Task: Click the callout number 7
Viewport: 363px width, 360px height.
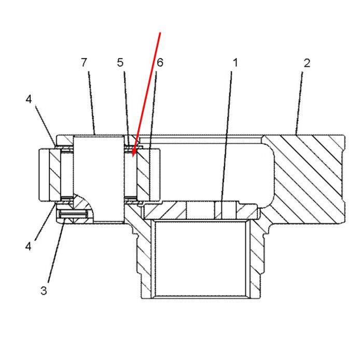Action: pos(84,62)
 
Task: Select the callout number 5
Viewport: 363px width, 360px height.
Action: pos(120,63)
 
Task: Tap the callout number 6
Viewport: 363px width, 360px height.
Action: pos(160,63)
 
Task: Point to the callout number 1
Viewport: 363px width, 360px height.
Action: pos(235,63)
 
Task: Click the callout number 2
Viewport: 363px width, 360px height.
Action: pos(307,63)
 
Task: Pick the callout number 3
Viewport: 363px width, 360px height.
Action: pos(44,291)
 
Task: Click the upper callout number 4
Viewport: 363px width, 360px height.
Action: pos(29,99)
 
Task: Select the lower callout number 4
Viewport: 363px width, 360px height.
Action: pos(28,247)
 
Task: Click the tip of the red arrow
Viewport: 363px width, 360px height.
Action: pos(133,157)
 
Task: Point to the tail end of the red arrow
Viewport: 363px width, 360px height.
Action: pos(160,33)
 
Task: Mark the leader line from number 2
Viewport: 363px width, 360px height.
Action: pos(299,103)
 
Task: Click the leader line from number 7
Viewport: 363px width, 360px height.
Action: pos(92,103)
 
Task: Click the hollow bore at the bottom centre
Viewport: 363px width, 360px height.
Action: pos(201,258)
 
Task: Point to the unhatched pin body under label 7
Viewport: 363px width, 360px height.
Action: pos(99,178)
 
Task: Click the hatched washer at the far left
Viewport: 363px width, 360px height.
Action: pos(55,175)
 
